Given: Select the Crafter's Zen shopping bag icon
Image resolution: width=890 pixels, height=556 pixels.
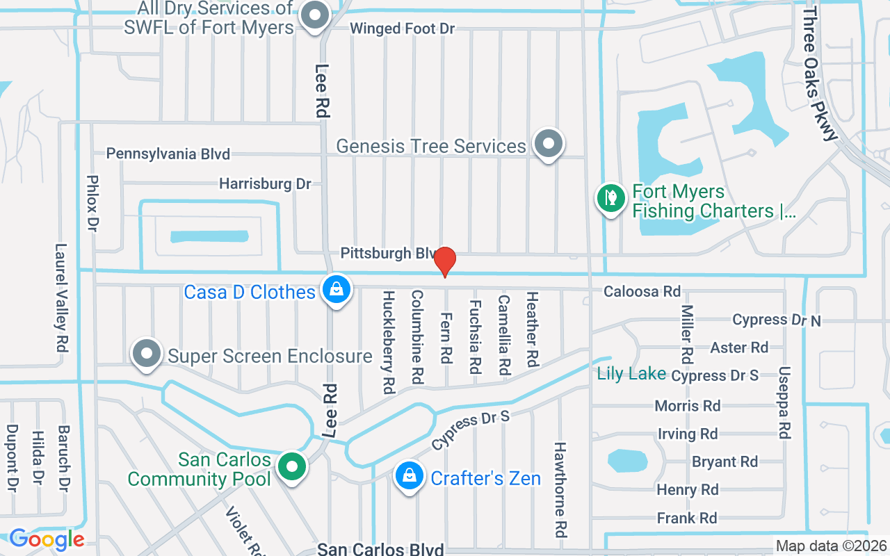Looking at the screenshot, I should tap(410, 476).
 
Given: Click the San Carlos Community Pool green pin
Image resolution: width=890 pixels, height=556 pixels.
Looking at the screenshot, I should tap(293, 466).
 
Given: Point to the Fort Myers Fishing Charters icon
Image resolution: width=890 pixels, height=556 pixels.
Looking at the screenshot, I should tap(611, 198).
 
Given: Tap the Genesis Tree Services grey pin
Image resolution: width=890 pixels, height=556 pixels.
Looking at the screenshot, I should tap(549, 144).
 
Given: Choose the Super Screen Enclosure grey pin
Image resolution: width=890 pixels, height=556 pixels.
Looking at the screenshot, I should tap(147, 354).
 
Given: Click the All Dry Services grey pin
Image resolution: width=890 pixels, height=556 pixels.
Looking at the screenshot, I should tap(315, 15).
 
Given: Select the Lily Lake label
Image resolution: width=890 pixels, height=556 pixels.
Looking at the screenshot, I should tap(631, 374).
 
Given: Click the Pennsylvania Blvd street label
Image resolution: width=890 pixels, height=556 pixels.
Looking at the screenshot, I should tap(168, 154).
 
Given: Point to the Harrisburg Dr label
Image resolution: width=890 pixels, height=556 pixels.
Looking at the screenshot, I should tap(265, 184).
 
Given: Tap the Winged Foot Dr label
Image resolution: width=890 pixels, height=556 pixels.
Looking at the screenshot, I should tap(402, 28).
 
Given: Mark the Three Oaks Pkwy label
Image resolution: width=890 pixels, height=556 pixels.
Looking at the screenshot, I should tap(820, 73).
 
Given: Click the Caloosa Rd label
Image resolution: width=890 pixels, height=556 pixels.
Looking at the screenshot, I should tap(642, 291).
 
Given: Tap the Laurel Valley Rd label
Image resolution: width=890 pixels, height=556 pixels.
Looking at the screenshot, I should tap(62, 297).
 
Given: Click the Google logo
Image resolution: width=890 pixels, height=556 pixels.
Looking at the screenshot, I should tap(46, 539).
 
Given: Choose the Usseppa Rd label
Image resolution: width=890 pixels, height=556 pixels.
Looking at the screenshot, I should tap(785, 403).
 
